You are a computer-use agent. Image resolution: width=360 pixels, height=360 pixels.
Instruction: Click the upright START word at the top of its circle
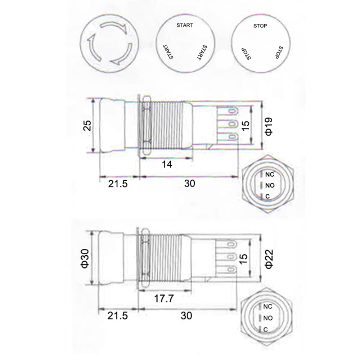point(184,25)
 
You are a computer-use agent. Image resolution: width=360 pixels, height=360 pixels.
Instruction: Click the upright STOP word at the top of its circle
point(260,26)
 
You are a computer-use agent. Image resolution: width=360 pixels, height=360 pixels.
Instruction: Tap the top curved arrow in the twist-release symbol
point(113,28)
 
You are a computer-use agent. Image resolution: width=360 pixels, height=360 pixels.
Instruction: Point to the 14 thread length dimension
point(167,164)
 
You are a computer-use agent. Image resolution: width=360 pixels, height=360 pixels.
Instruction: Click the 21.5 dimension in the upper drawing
point(117,184)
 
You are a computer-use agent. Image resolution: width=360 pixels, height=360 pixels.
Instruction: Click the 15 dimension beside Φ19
point(245,126)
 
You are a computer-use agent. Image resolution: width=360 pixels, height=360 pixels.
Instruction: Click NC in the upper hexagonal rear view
point(270,175)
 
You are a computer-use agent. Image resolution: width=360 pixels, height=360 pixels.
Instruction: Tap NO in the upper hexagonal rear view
point(270,186)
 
